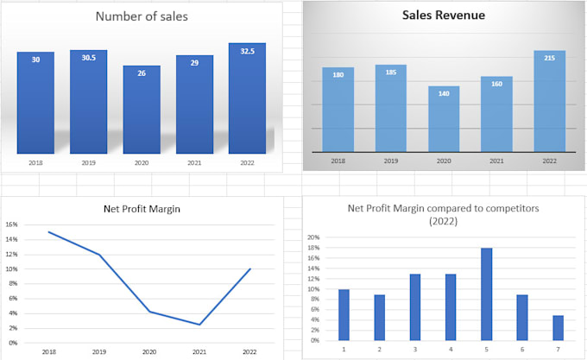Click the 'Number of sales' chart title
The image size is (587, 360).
[142, 16]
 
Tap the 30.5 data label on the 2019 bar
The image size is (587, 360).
[88, 59]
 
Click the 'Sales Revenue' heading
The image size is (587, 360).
[444, 15]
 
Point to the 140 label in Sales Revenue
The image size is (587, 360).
[444, 93]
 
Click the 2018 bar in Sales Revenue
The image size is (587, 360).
[338, 108]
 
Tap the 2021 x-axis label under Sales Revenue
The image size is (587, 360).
[496, 161]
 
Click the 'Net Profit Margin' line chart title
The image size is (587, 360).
[142, 208]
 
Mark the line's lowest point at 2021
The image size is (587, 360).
[199, 325]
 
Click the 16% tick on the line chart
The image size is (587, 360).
[11, 224]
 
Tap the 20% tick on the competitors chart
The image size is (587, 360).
[313, 237]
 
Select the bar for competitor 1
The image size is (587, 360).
[344, 314]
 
